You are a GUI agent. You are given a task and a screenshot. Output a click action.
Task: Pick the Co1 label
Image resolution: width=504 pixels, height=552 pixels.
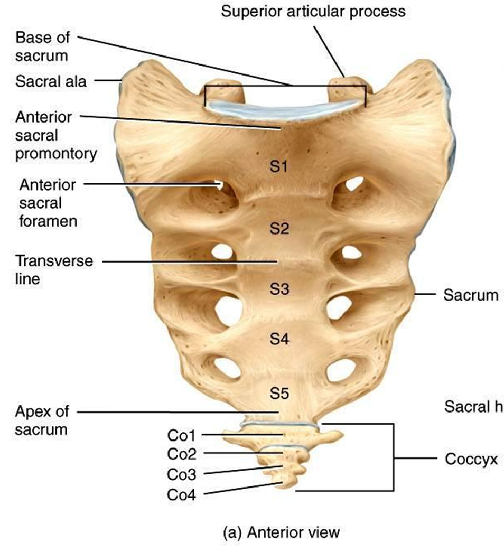pyautogui.click(x=182, y=436)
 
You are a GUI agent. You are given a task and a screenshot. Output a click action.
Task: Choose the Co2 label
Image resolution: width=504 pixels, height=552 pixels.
pyautogui.click(x=182, y=454)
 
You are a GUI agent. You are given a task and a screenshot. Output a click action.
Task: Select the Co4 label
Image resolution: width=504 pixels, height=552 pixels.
pyautogui.click(x=182, y=495)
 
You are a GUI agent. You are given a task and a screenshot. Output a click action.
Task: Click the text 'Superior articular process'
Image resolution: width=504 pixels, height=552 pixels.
pyautogui.click(x=313, y=11)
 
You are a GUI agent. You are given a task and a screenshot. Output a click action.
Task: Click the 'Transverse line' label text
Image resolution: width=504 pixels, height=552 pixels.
pyautogui.click(x=47, y=270)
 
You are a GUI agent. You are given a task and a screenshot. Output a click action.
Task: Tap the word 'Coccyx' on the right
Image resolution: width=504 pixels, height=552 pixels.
pyautogui.click(x=471, y=459)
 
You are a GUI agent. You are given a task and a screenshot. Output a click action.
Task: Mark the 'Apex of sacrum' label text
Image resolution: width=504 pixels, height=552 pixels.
pyautogui.click(x=42, y=420)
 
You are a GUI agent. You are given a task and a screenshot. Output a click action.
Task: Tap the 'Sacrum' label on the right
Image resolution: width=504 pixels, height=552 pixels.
pyautogui.click(x=470, y=295)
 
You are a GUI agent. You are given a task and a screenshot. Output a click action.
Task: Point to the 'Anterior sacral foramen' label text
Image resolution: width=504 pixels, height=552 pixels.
pyautogui.click(x=48, y=202)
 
